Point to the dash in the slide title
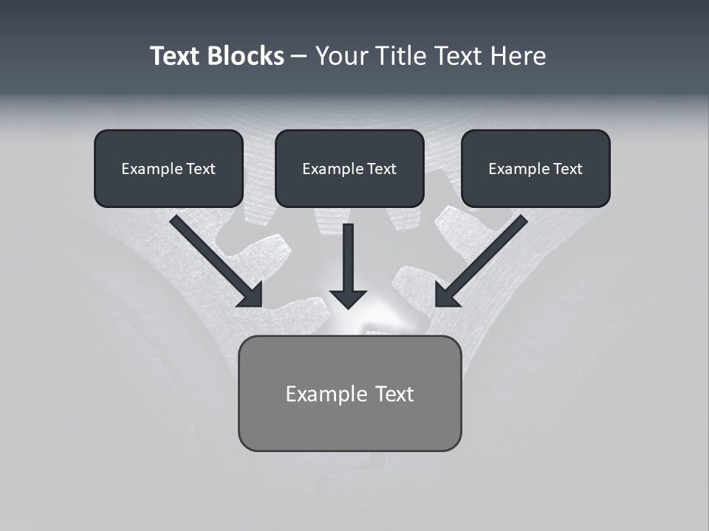tap(299, 56)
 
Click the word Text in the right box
tap(567, 169)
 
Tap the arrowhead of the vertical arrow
tap(348, 299)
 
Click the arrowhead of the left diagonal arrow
tap(251, 295)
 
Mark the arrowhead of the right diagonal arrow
tap(446, 295)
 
